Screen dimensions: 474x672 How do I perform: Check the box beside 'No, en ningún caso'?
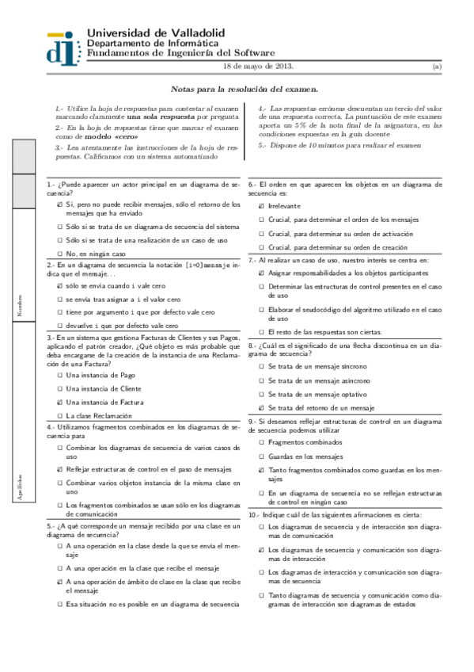(x=60, y=254)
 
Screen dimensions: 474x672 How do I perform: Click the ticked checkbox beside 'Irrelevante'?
(x=262, y=206)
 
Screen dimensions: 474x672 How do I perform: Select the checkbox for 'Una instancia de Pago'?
(x=60, y=375)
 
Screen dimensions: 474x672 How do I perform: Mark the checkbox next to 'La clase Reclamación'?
(x=60, y=415)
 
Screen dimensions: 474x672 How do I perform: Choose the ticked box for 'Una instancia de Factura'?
(x=60, y=402)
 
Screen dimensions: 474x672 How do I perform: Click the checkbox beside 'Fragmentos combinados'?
(x=262, y=442)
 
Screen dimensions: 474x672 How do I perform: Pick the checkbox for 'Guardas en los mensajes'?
(x=262, y=456)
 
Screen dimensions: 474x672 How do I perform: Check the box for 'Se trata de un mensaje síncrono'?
(x=262, y=367)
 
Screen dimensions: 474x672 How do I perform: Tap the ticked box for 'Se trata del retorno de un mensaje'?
(x=262, y=407)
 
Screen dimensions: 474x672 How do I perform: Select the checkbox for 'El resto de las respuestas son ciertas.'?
(x=262, y=331)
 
